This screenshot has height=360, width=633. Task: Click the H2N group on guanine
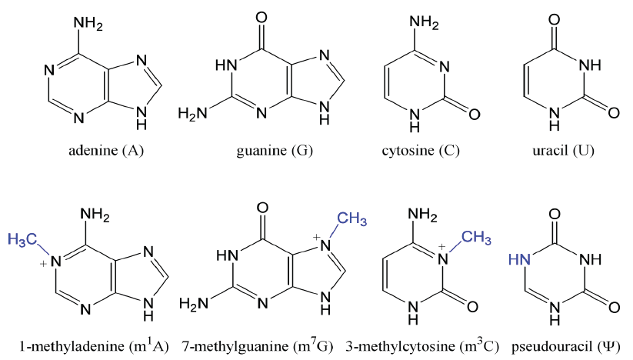tap(192, 114)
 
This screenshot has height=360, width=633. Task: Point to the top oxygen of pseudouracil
tap(568, 210)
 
